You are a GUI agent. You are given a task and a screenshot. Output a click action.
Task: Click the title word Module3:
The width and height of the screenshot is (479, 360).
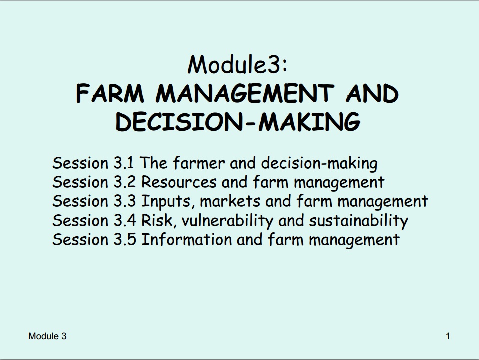coord(237,64)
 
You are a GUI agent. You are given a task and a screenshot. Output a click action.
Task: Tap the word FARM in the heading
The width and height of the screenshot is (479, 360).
coord(110,93)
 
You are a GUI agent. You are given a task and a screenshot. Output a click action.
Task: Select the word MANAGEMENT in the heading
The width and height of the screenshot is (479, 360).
coord(245,93)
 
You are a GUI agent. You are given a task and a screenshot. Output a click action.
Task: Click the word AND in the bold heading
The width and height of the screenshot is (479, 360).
coord(372,93)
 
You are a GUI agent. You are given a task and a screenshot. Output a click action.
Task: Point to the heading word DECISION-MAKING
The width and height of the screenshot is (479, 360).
coord(238,122)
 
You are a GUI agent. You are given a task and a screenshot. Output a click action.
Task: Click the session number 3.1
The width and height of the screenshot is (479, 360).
coord(124,163)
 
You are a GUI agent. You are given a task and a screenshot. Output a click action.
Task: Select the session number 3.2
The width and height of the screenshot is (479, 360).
coord(124,182)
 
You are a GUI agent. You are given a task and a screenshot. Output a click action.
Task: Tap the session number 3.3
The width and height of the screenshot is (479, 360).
coord(124,201)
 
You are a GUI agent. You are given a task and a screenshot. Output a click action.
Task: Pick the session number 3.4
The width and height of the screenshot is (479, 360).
coord(125,220)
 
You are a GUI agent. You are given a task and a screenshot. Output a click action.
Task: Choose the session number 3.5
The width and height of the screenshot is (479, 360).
coord(125,239)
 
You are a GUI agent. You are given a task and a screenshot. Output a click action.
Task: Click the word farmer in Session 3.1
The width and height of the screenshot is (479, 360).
coord(199,163)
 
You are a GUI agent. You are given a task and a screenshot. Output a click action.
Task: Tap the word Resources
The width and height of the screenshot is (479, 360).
coord(179,182)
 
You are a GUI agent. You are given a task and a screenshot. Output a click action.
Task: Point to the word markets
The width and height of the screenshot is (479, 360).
coord(230,201)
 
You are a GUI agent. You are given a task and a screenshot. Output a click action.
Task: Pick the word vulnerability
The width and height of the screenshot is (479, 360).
coord(227,221)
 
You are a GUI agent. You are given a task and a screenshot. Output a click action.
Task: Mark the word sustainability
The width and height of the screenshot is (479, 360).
coord(359,221)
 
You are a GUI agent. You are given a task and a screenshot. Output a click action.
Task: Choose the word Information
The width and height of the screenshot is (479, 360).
coord(186,239)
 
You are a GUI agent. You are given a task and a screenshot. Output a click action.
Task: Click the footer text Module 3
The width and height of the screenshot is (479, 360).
coord(47,336)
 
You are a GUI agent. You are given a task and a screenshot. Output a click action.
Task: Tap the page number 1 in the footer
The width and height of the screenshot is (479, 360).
coord(448,336)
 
